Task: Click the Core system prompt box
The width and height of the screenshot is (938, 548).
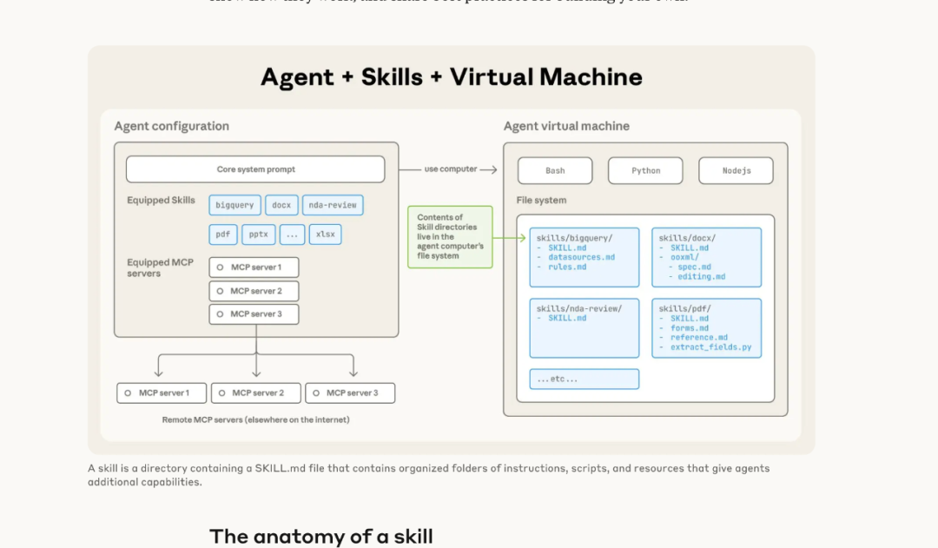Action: [255, 169]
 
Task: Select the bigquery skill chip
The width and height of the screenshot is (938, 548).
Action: [234, 205]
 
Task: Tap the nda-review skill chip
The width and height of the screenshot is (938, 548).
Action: [333, 205]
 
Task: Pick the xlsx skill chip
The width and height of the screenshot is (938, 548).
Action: [326, 234]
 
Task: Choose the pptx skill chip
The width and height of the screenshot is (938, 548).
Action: [258, 234]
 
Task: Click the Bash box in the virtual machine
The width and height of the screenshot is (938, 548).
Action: [555, 170]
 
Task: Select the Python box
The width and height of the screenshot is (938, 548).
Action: [645, 170]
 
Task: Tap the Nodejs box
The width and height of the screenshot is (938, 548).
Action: [736, 170]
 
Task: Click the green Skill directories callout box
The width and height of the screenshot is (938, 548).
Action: [450, 236]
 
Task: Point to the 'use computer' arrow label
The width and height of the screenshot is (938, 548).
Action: [450, 169]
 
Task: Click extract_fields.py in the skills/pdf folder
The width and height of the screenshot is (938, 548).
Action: [710, 347]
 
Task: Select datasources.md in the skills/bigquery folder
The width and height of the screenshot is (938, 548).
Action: [581, 257]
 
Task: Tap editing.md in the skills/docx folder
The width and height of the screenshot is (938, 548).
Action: [701, 276]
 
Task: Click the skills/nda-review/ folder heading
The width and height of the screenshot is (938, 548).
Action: [579, 308]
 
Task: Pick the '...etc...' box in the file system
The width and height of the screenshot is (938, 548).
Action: [584, 380]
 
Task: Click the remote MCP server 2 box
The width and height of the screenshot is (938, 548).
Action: [256, 393]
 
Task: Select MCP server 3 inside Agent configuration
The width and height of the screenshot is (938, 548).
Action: [254, 314]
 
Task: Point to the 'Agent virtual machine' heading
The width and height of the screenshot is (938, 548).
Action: [566, 126]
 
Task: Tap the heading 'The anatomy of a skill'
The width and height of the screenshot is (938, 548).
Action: [320, 536]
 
